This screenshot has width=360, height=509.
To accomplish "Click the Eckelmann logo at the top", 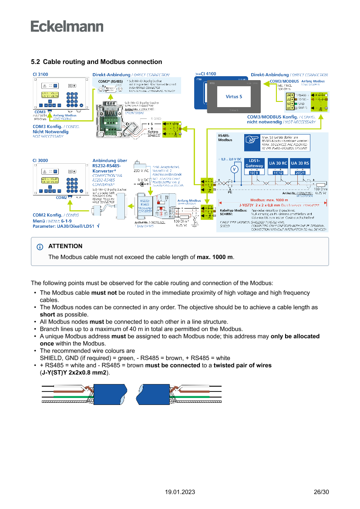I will pyautogui.click(x=67, y=26).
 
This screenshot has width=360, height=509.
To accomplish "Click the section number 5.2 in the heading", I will pyautogui.click(x=36, y=62).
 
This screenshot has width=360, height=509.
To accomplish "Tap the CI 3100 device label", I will pyautogui.click(x=40, y=74).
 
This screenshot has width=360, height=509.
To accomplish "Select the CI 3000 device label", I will pyautogui.click(x=40, y=160).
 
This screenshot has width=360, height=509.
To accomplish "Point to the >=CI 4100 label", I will pyautogui.click(x=205, y=74).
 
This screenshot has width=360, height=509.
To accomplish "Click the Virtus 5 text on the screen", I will pyautogui.click(x=234, y=97).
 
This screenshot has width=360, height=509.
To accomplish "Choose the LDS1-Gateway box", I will pyautogui.click(x=254, y=163).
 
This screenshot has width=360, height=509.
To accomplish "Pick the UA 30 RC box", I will pyautogui.click(x=278, y=163).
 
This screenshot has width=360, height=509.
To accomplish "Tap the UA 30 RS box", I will pyautogui.click(x=300, y=163).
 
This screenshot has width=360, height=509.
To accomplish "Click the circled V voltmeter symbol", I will pyautogui.click(x=234, y=169).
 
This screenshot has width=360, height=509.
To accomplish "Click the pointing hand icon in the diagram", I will pyautogui.click(x=251, y=140).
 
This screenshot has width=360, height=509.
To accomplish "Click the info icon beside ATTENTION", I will pyautogui.click(x=40, y=247).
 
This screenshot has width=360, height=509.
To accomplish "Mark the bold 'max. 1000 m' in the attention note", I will pyautogui.click(x=215, y=257).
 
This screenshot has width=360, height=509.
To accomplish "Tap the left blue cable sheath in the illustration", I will pyautogui.click(x=109, y=394).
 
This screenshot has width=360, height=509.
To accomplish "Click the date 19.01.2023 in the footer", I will pyautogui.click(x=180, y=492).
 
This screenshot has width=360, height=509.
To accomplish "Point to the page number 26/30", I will pyautogui.click(x=321, y=492).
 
